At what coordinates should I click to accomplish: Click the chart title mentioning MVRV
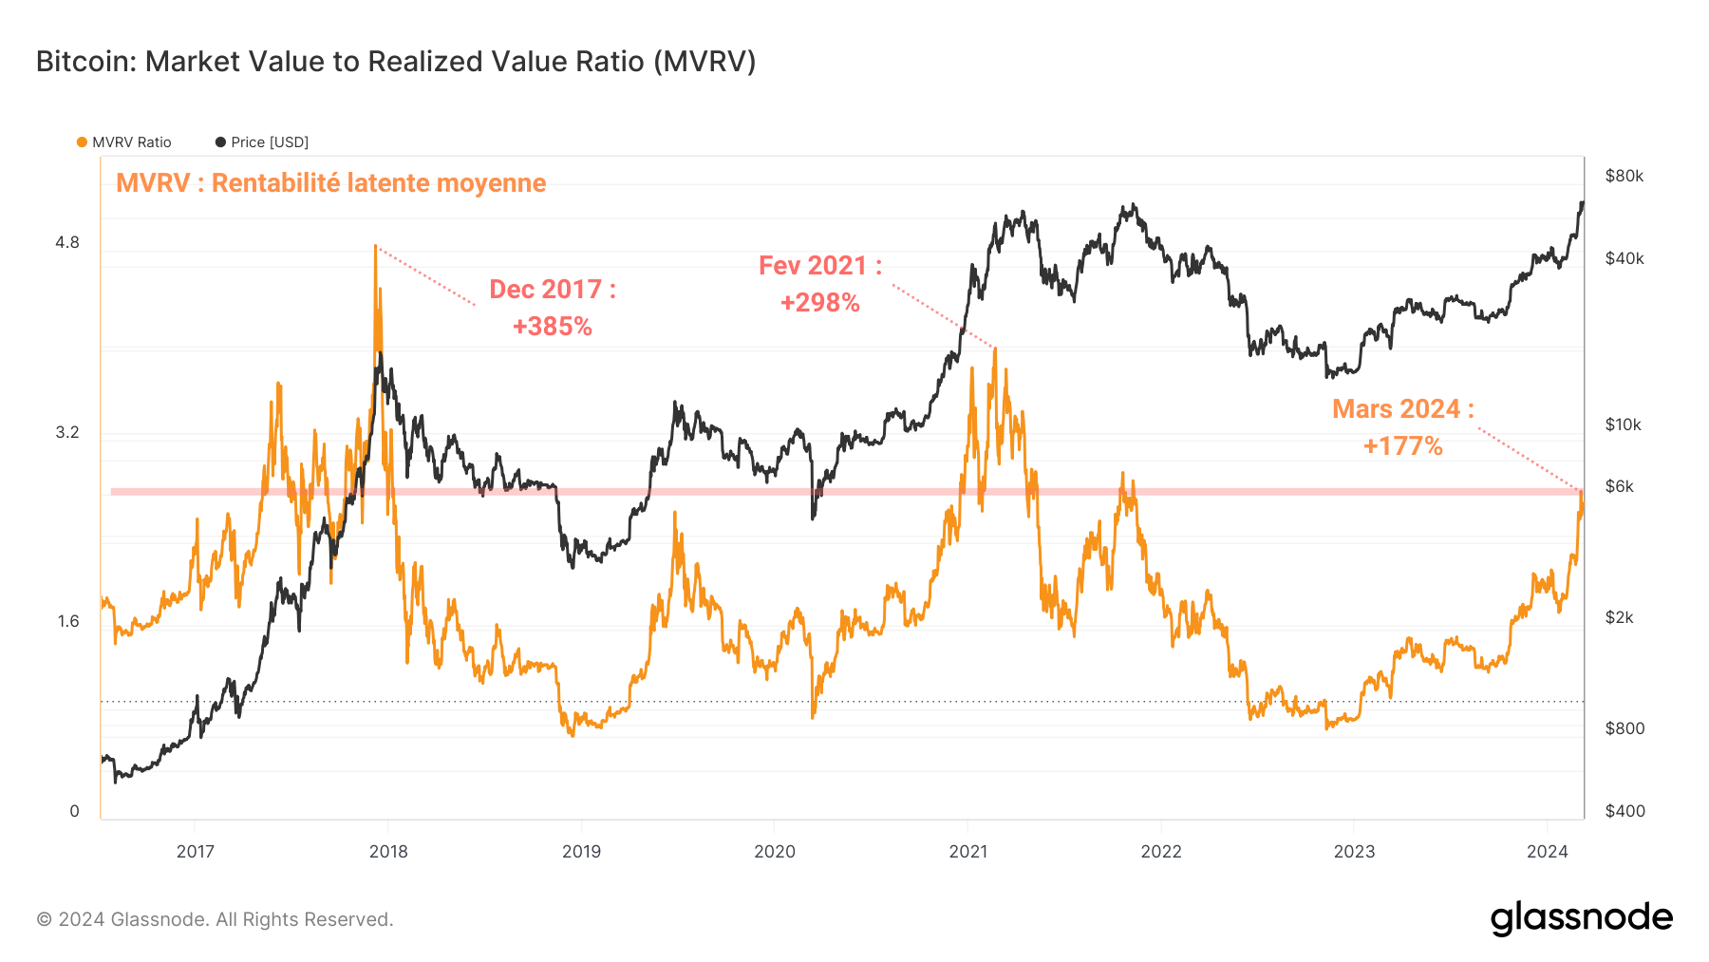tap(396, 62)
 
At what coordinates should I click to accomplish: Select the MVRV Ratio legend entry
tap(124, 142)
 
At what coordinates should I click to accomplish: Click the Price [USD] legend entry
tap(262, 142)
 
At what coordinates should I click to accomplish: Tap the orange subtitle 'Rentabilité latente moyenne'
tap(330, 182)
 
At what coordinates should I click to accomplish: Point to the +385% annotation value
tap(552, 327)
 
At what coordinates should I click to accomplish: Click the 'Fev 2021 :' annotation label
tap(820, 266)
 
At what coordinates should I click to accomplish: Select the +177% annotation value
tap(1402, 446)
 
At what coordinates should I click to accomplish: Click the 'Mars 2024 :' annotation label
tap(1402, 409)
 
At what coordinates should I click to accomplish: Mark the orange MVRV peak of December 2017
tap(376, 248)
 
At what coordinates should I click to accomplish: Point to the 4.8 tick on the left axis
tap(67, 243)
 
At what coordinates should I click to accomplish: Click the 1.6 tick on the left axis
tap(67, 622)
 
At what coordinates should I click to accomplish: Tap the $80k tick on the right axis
tap(1624, 176)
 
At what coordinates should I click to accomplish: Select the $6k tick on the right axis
tap(1619, 486)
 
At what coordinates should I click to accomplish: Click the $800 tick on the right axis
tap(1624, 728)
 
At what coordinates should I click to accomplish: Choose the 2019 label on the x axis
tap(581, 852)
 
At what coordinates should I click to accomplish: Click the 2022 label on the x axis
tap(1160, 852)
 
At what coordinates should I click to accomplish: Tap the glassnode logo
tap(1581, 918)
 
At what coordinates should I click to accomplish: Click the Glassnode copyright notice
tap(215, 919)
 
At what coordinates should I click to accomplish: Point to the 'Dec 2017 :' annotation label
tap(552, 290)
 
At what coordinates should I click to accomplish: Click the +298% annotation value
tap(820, 303)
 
